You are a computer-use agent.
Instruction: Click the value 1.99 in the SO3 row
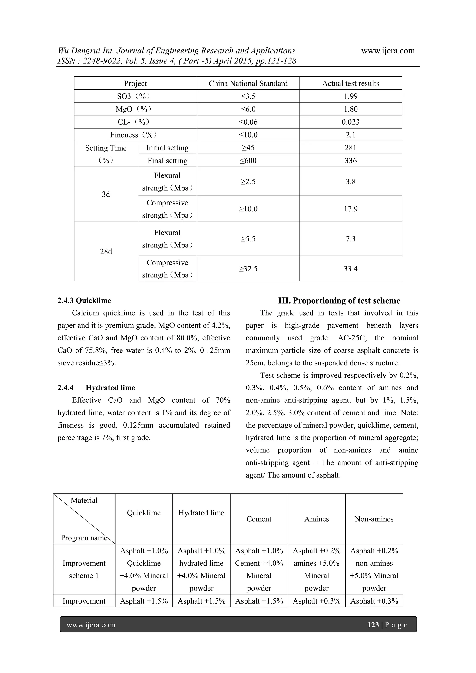[350, 96]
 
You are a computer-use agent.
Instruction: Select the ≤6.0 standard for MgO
[248, 109]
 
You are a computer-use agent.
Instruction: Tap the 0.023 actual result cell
[350, 122]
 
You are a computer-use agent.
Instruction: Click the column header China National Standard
[248, 83]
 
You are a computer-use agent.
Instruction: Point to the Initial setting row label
[167, 148]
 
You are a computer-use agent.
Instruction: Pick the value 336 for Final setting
[350, 161]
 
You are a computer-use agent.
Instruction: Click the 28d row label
[106, 251]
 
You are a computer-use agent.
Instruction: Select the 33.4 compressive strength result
[350, 269]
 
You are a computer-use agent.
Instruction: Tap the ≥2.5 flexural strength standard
[248, 182]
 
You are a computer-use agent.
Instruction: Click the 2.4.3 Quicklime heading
[84, 300]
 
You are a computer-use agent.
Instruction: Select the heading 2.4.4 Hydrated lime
[96, 388]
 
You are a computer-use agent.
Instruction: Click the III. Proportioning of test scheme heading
[339, 300]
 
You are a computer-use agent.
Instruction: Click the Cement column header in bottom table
[259, 519]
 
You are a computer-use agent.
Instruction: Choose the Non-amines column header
[374, 519]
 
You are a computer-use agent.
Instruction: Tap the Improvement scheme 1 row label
[84, 570]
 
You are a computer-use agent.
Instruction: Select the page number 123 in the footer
[373, 625]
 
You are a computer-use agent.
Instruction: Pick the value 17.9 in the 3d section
[350, 209]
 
